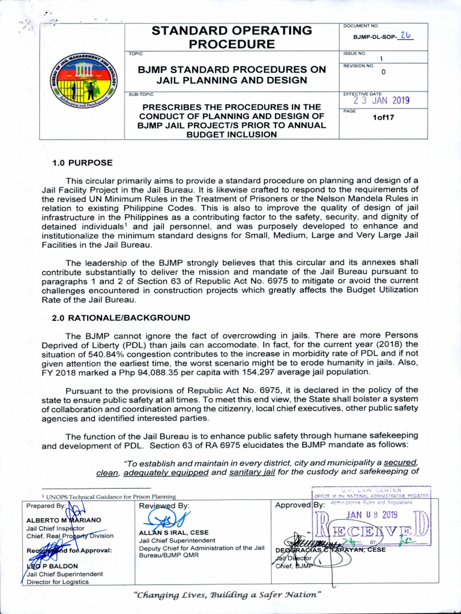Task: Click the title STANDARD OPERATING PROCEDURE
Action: tap(232, 37)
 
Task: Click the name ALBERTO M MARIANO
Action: tap(64, 520)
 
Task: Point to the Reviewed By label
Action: tap(164, 505)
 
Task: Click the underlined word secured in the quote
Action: tap(400, 462)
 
